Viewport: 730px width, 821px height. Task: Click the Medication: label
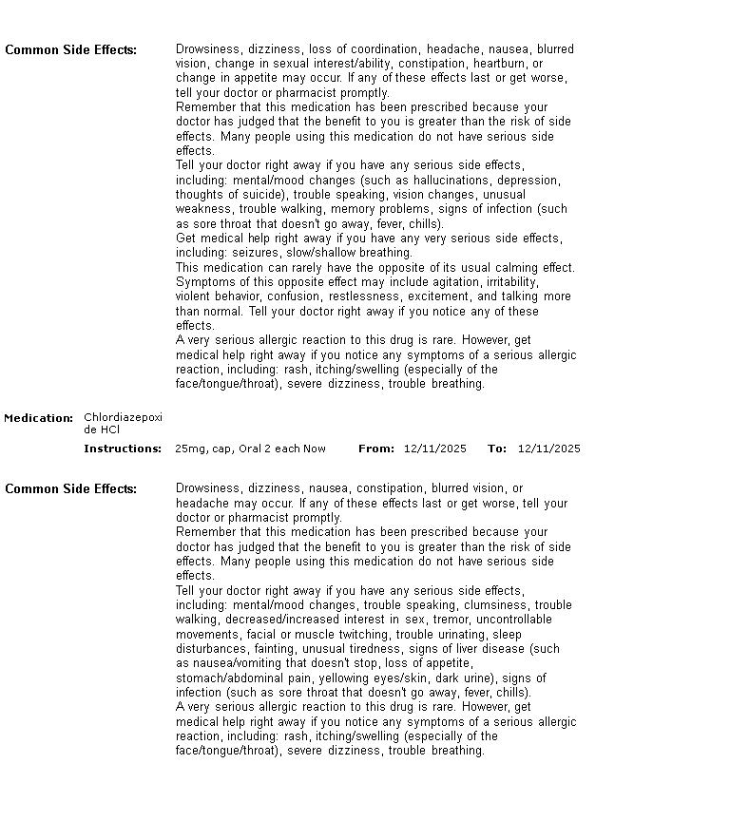tap(39, 418)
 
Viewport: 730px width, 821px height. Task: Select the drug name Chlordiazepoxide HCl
tap(123, 424)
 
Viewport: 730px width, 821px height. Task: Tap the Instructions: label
tap(123, 449)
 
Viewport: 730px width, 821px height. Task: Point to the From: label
tap(376, 449)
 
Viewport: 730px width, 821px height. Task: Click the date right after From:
tap(435, 449)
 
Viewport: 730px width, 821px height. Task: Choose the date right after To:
tap(549, 449)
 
